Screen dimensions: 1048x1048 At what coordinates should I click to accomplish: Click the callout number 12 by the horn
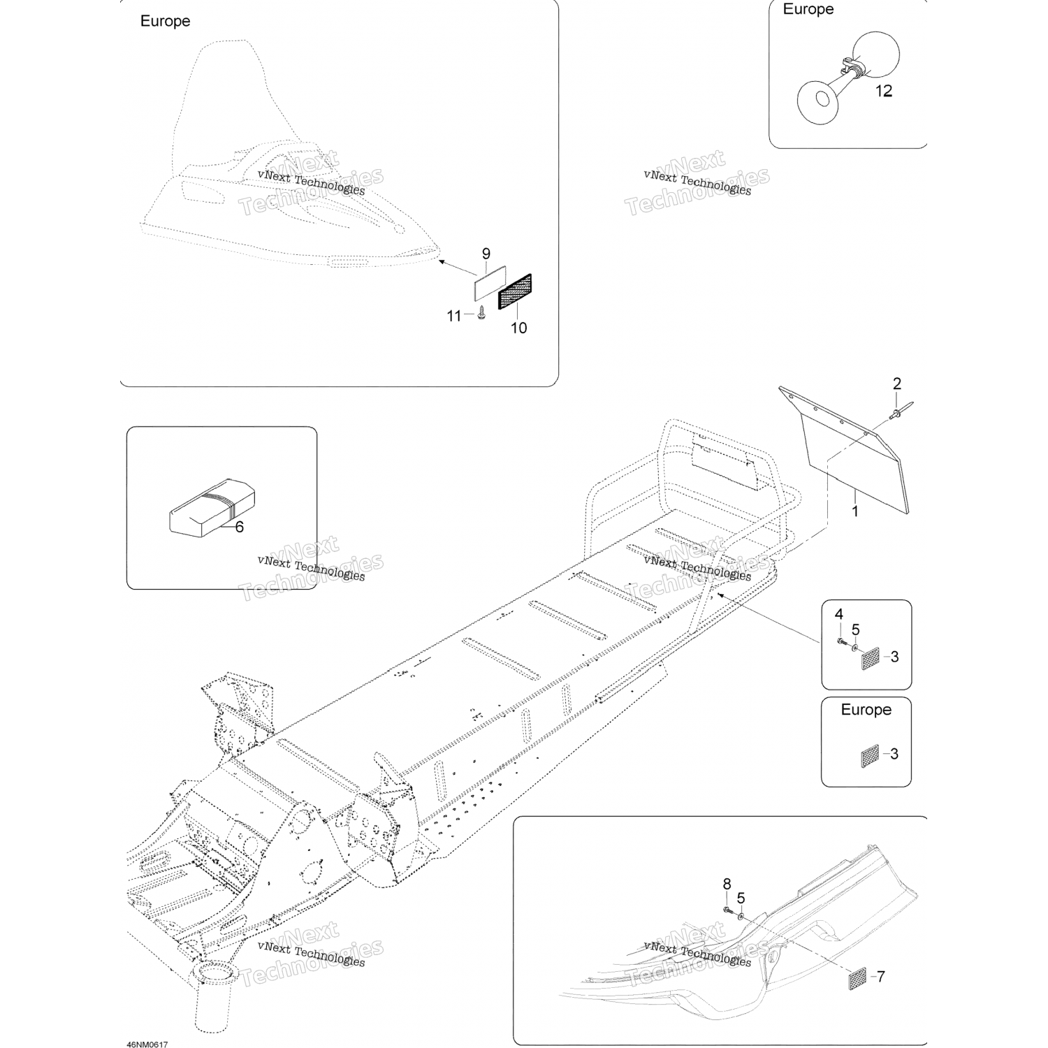point(884,91)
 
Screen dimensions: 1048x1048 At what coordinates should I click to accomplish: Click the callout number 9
point(486,254)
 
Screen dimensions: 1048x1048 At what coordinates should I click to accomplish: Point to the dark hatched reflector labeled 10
point(515,291)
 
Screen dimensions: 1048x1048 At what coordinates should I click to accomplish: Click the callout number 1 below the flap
point(854,511)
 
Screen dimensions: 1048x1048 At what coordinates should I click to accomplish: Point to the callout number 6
point(239,527)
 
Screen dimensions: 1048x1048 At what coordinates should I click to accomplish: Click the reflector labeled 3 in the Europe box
point(869,755)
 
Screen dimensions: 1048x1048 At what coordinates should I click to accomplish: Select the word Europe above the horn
point(808,9)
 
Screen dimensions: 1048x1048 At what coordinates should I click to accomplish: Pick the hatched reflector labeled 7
point(857,977)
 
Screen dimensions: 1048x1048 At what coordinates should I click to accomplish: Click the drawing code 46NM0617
point(147,1045)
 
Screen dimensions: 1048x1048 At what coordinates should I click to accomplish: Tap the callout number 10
point(518,328)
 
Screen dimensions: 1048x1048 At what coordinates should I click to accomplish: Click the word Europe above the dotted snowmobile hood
point(165,21)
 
